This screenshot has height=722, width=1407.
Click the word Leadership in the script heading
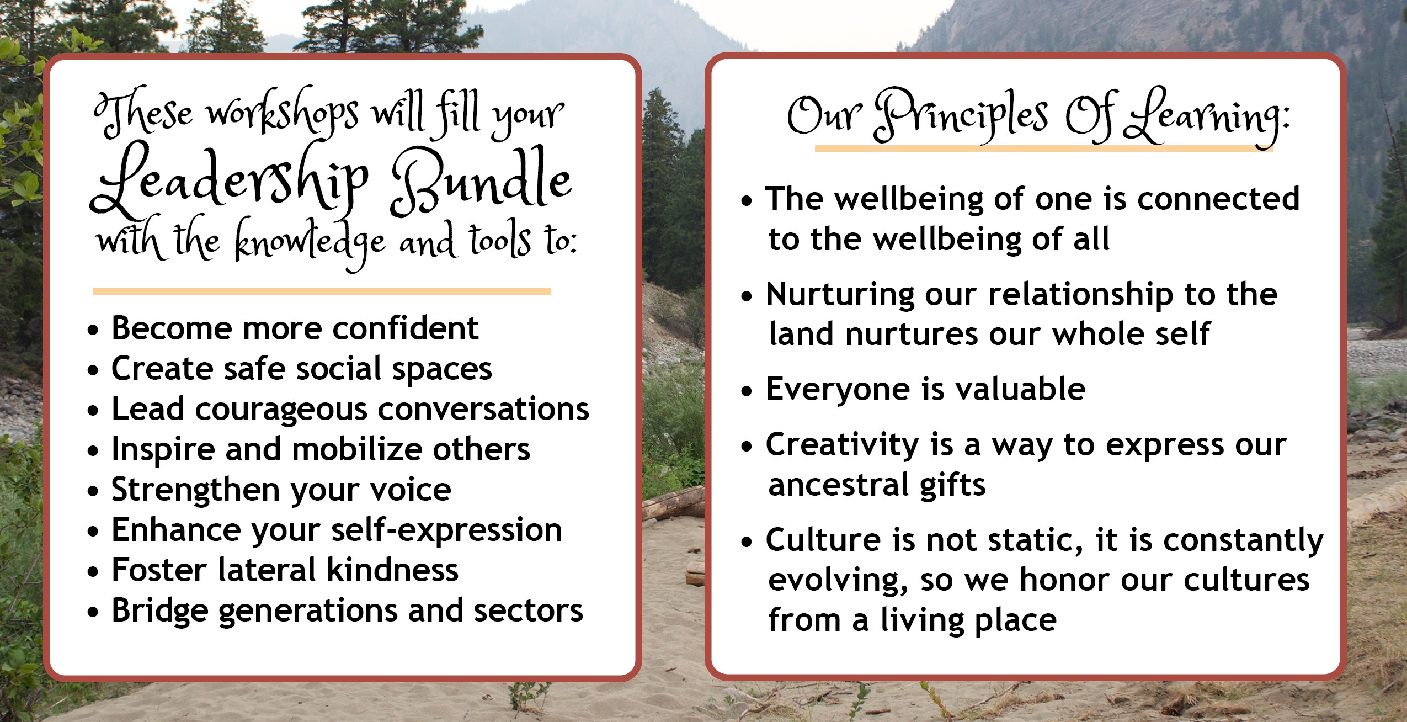pyautogui.click(x=229, y=179)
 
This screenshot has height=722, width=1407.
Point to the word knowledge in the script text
pyautogui.click(x=310, y=243)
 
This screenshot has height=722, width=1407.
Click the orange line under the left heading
pyautogui.click(x=322, y=291)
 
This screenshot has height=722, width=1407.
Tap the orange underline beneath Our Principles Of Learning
pyautogui.click(x=1044, y=148)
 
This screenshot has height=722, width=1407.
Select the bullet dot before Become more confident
pyautogui.click(x=93, y=330)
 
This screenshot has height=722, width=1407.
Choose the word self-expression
pyautogui.click(x=446, y=531)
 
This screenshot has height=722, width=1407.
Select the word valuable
pyautogui.click(x=1020, y=389)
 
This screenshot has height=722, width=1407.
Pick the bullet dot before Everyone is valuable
pyautogui.click(x=747, y=391)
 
